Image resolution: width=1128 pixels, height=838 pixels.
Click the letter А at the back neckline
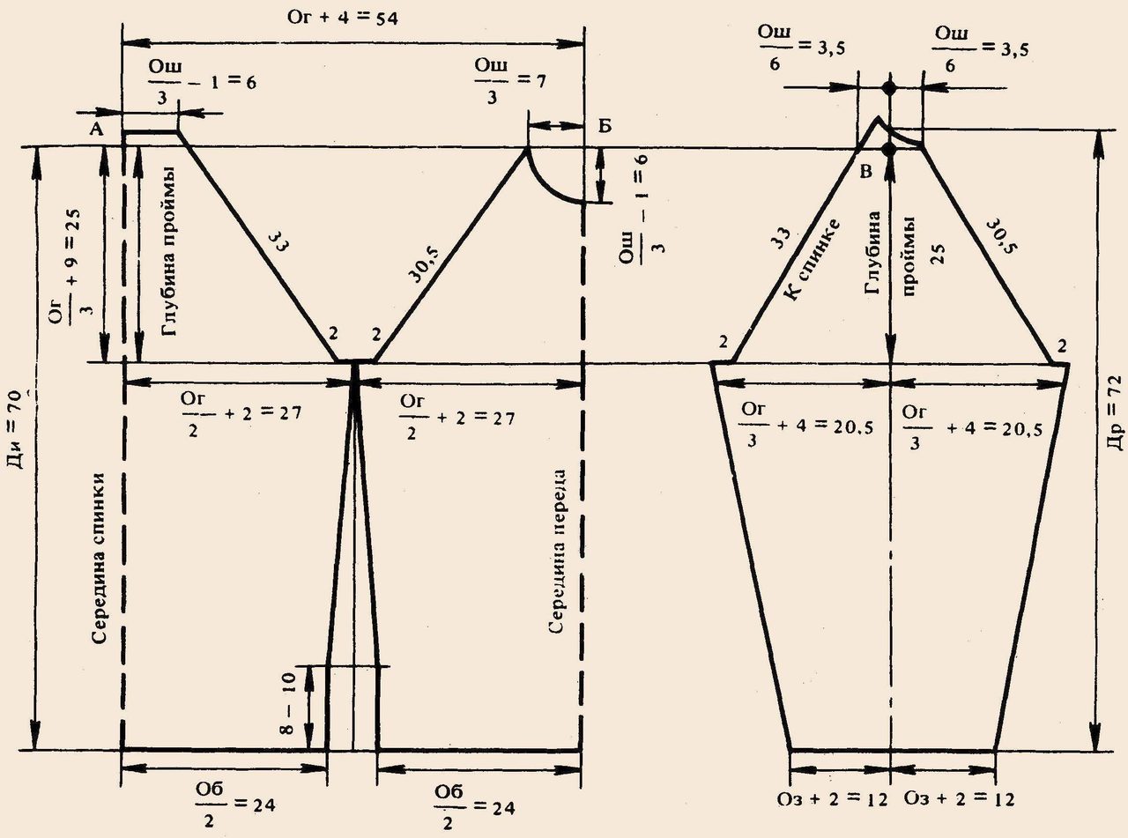click(x=97, y=130)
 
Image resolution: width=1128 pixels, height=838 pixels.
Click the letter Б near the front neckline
click(x=605, y=126)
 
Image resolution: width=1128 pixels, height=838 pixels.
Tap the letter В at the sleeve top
click(x=865, y=171)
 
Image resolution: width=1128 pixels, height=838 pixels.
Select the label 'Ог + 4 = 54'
click(x=342, y=19)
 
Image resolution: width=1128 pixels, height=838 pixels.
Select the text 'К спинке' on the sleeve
click(x=813, y=259)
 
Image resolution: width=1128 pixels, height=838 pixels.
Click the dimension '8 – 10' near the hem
click(x=287, y=703)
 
